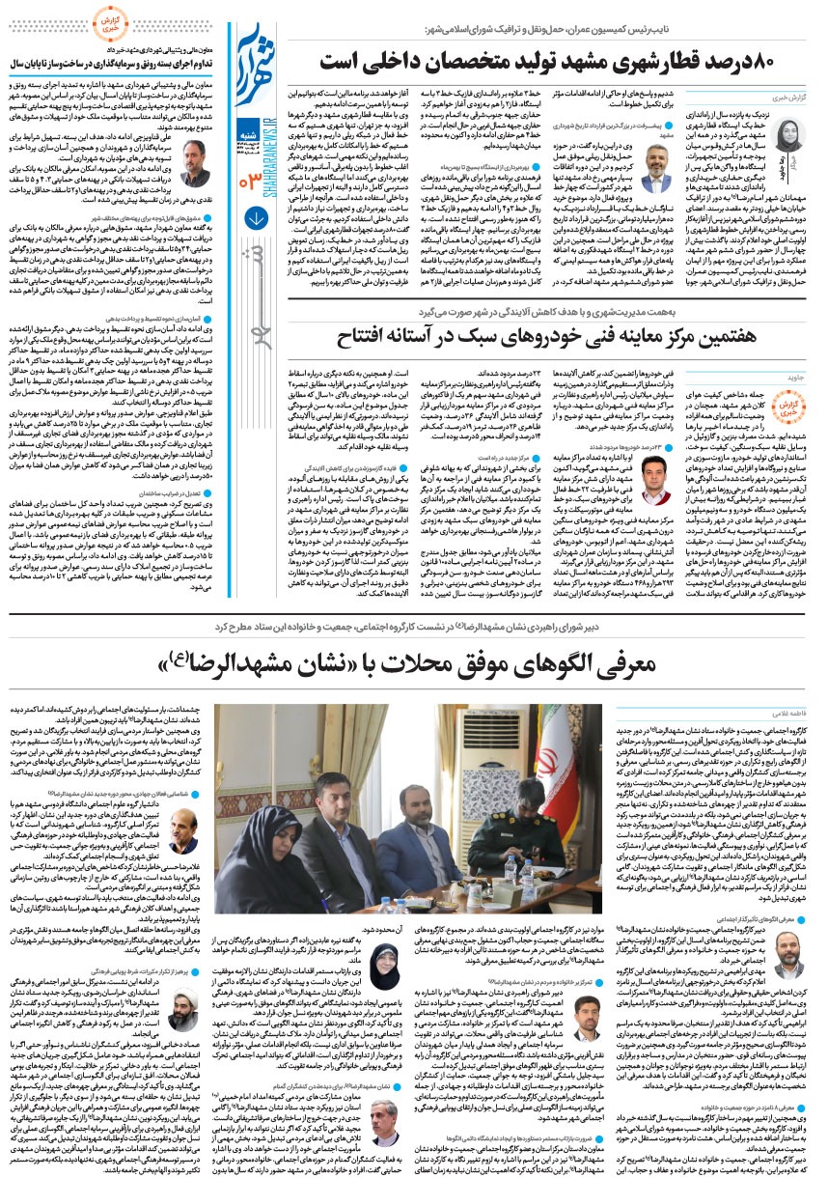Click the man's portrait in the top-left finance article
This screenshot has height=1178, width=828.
point(193,162)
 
